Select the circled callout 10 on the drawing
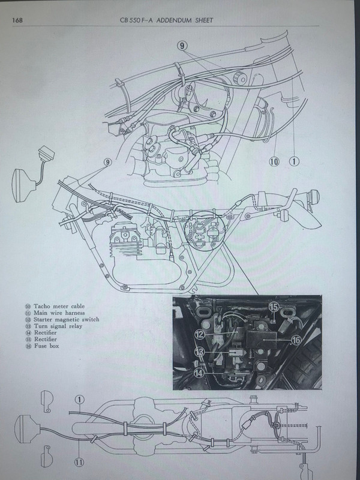click(274, 161)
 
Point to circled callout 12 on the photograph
click(199, 333)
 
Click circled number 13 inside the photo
click(199, 352)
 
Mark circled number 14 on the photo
click(199, 372)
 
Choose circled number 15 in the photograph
click(274, 308)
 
